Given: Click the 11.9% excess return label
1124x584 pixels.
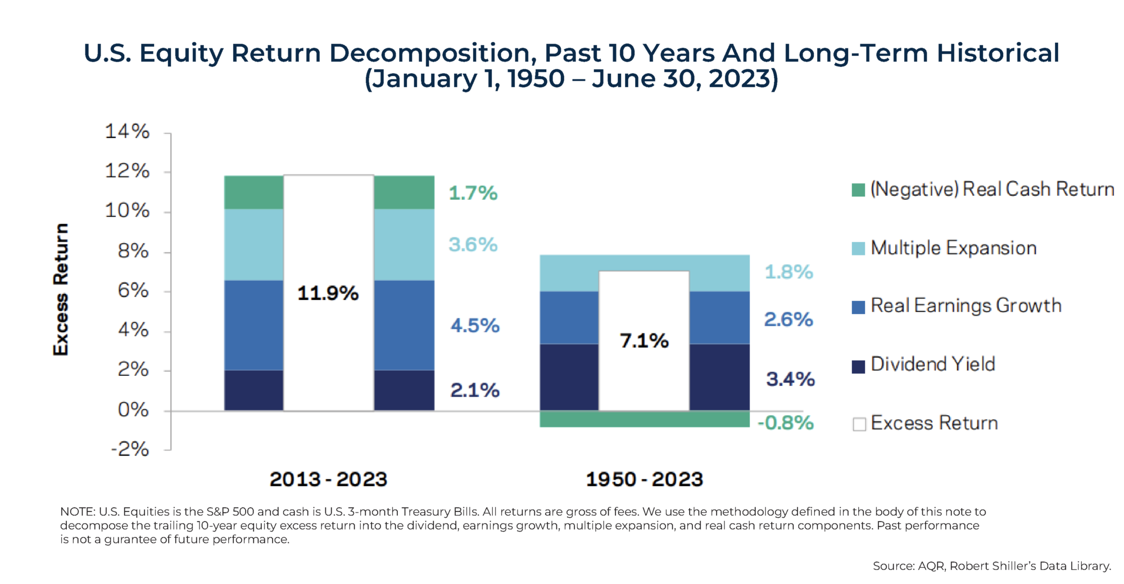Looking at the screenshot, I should [328, 293].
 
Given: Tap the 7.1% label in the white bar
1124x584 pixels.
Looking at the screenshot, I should [644, 340].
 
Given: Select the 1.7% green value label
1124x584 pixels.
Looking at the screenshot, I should [473, 193].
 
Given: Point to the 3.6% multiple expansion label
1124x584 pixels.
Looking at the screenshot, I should [473, 245].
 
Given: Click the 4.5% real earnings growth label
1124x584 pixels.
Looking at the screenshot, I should [475, 325].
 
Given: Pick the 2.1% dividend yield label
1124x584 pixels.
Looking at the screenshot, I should [475, 390].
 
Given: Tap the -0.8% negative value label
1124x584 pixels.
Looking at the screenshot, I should [786, 423].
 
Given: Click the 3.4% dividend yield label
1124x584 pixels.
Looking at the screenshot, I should [790, 379].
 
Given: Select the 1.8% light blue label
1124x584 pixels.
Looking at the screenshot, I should [788, 272].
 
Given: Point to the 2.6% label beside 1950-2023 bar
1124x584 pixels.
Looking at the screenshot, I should [788, 320].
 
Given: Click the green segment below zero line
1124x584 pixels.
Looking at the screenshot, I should [644, 419].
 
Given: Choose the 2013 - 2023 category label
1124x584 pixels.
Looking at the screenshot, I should [328, 479].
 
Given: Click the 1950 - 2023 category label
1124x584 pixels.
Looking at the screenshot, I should [644, 479].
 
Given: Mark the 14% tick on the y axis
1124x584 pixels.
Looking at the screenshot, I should [128, 132].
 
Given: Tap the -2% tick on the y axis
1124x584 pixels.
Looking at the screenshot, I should [130, 450].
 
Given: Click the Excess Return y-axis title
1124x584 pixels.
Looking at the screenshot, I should [61, 289].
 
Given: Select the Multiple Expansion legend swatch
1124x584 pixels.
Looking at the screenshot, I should [858, 249].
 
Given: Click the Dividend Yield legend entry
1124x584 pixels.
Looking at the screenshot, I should [932, 365].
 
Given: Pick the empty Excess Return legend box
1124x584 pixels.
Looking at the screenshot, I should [859, 424].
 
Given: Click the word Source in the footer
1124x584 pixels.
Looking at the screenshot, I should [893, 566].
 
